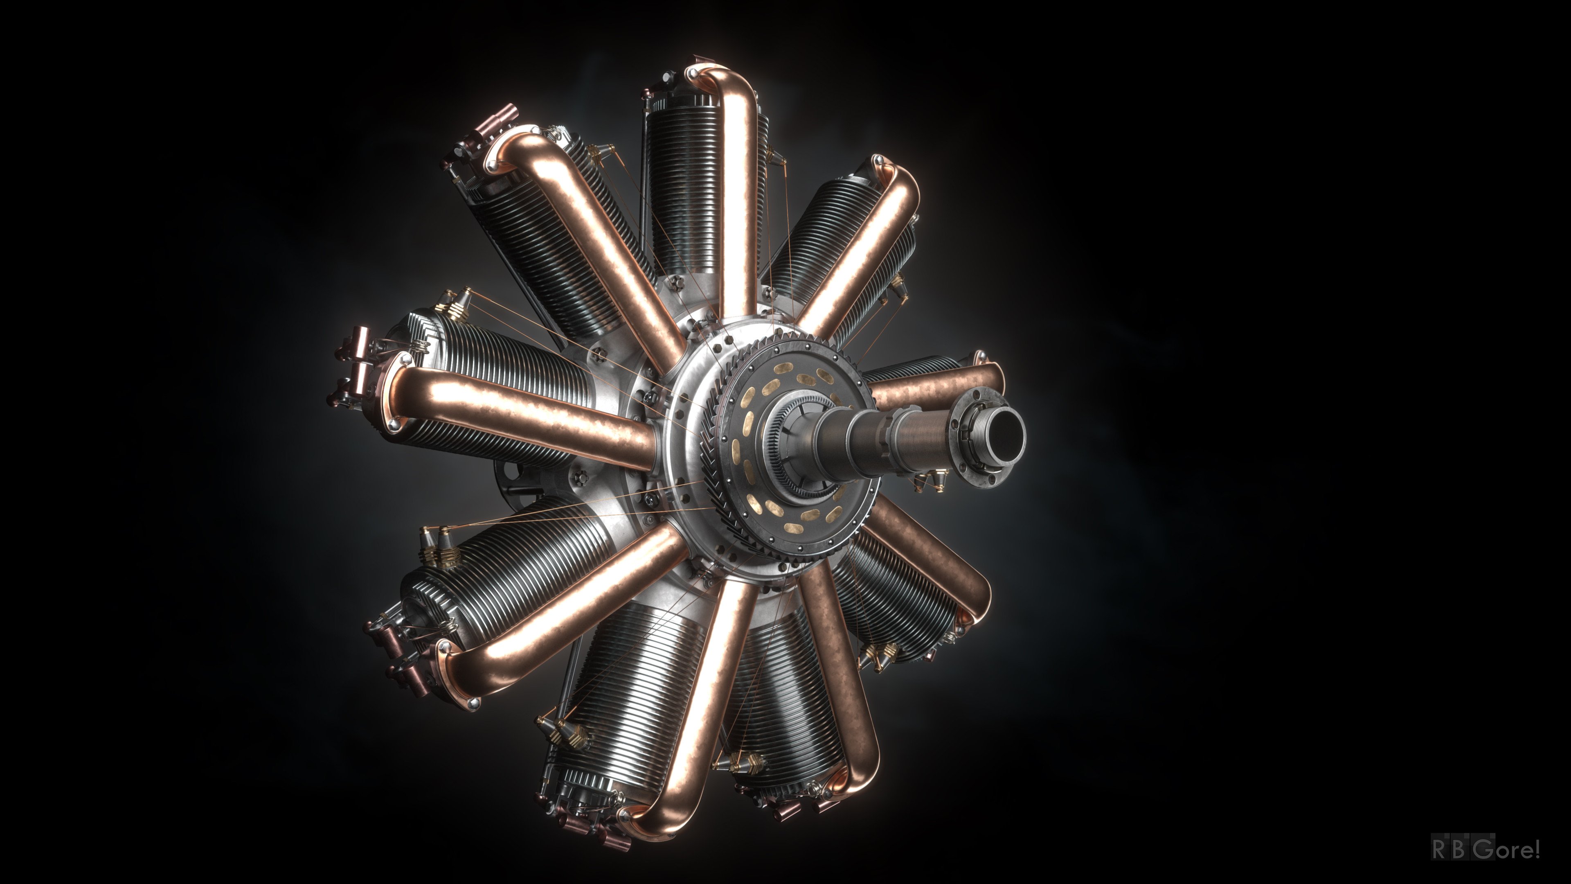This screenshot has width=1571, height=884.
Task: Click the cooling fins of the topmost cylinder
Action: tap(680, 183)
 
